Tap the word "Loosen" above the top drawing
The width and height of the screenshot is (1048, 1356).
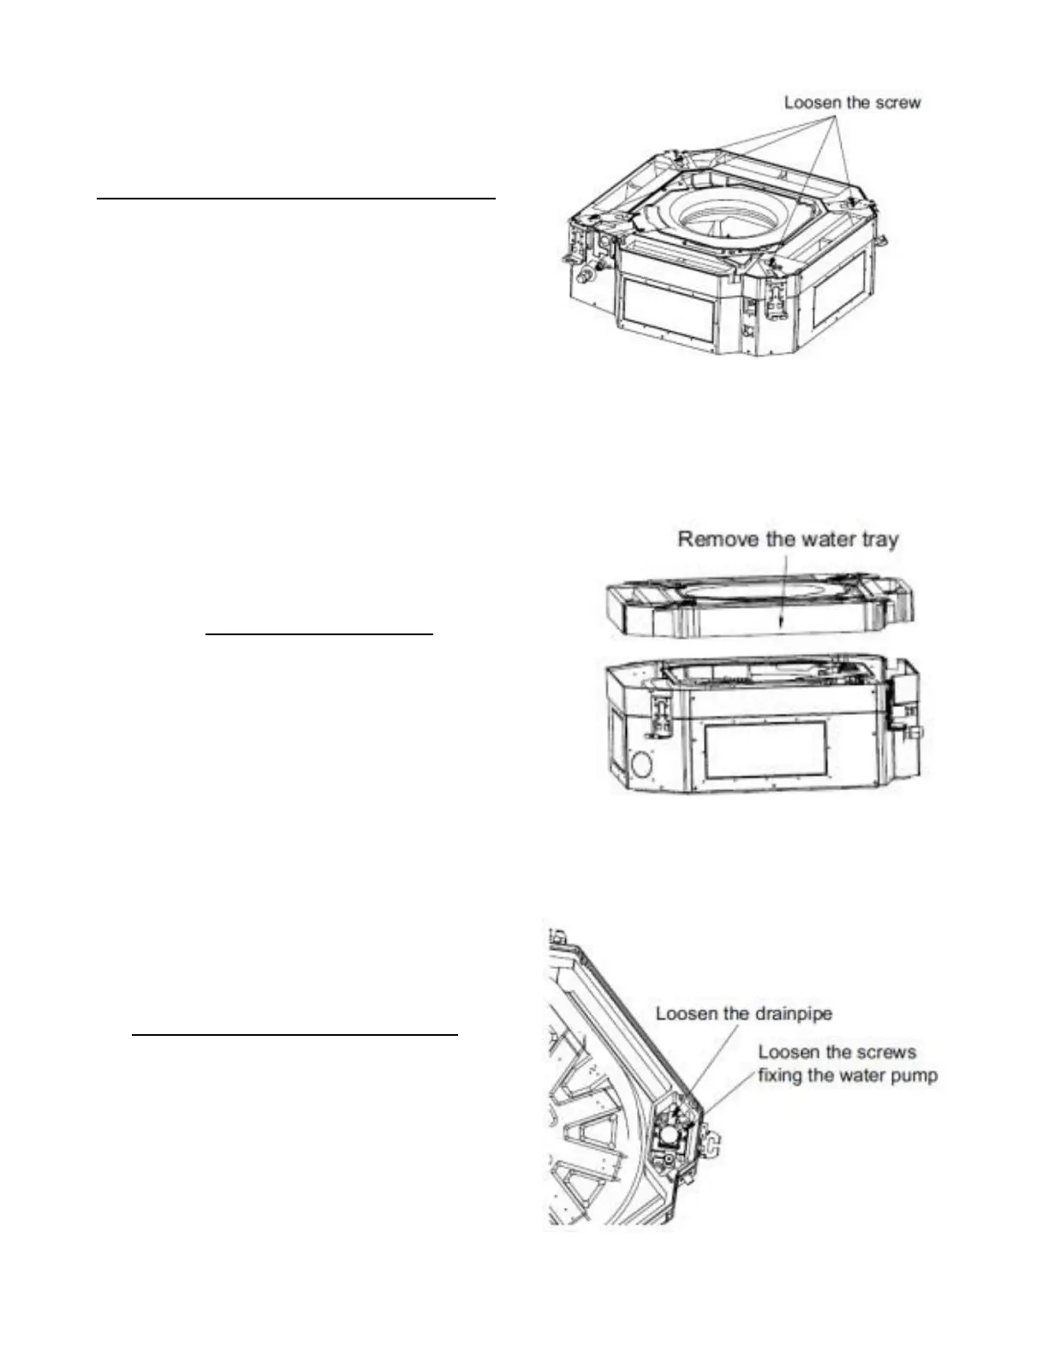pos(813,103)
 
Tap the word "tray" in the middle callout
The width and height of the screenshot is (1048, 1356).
pos(877,539)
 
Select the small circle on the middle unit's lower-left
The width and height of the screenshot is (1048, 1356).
pos(640,764)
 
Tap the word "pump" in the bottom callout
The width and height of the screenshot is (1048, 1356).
pos(913,1075)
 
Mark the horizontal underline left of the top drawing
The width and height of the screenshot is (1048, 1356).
pos(296,198)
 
